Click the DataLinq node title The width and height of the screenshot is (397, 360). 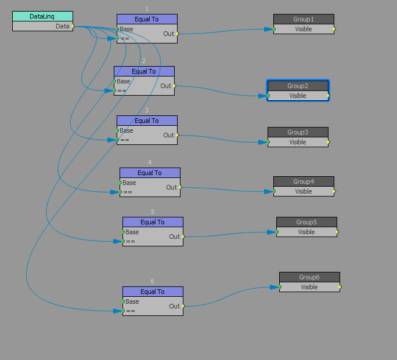coord(42,16)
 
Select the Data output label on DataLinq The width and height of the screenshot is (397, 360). coord(63,26)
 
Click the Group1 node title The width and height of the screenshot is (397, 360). coord(304,19)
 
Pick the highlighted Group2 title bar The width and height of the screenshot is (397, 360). coord(298,86)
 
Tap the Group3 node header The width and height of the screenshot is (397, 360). coord(298,132)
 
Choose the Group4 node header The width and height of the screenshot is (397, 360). coord(304,181)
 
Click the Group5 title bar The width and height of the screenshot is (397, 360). coord(306,222)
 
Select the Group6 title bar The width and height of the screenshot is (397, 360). coord(309,277)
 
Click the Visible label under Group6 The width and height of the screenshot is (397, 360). coord(309,287)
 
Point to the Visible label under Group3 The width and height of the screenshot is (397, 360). coord(298,142)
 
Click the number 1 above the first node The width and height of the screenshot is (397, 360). coord(147,9)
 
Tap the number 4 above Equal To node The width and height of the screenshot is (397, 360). coord(150,162)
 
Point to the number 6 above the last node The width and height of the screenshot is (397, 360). coord(153,281)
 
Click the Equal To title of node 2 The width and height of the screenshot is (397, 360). coord(144,71)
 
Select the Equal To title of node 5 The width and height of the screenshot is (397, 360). coord(153,222)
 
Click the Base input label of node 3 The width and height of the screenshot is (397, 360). coord(127,130)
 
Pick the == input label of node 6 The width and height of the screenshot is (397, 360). coord(131,311)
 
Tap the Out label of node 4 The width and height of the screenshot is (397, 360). coord(171,187)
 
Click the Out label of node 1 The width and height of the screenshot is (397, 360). coord(168,34)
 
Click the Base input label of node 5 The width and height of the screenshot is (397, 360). coord(132,232)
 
